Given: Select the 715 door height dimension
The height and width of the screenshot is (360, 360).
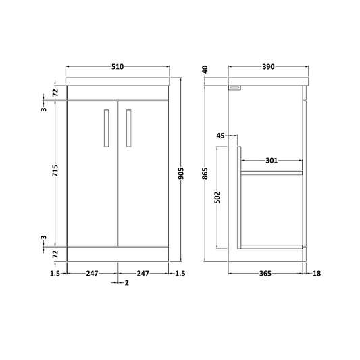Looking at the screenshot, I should (x=55, y=174).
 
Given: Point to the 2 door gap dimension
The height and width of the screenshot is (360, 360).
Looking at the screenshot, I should (x=126, y=283).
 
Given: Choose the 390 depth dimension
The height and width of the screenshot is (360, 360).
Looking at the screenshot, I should (x=267, y=68).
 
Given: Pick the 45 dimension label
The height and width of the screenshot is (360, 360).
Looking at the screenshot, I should (x=221, y=136).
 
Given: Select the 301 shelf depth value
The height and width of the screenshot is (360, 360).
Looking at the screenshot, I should (x=272, y=160).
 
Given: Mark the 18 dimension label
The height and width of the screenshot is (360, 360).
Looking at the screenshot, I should (x=317, y=273).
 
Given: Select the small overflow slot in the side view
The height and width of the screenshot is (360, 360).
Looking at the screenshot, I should (x=236, y=88).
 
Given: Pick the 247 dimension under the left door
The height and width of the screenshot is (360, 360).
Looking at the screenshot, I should (x=93, y=273).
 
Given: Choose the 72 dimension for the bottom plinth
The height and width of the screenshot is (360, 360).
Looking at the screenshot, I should (x=55, y=253).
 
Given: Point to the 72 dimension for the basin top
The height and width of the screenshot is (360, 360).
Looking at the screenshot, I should (x=55, y=92).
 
